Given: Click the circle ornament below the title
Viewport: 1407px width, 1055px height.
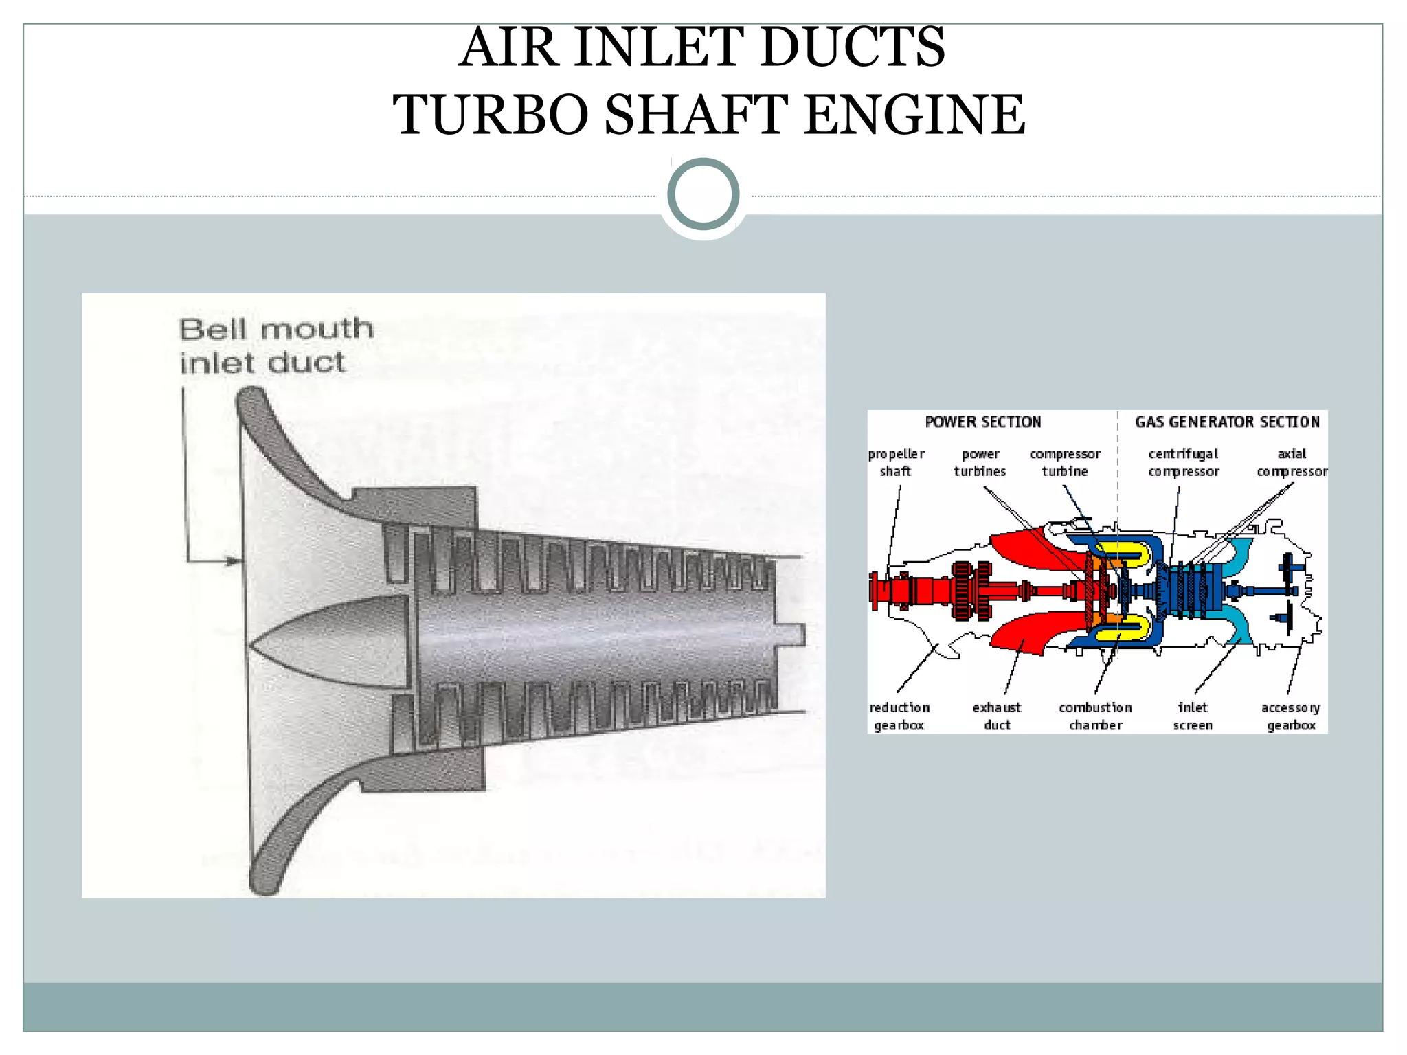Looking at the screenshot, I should click(x=703, y=194).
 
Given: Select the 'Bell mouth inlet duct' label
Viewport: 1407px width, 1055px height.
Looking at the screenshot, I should click(x=275, y=345).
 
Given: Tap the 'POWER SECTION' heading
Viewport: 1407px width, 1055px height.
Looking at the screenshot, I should click(x=982, y=422).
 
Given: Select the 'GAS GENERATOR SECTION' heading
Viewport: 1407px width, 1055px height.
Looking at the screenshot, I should click(x=1227, y=422).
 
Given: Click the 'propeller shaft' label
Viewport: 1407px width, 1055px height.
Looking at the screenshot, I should click(x=896, y=462).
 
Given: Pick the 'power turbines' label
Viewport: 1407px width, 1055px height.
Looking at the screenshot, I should click(x=980, y=462).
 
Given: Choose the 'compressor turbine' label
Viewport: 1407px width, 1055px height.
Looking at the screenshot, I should click(x=1065, y=462).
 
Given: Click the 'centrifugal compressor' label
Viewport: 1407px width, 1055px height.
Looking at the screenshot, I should click(x=1183, y=462).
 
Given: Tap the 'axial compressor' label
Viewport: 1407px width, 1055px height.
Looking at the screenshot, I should click(x=1292, y=462).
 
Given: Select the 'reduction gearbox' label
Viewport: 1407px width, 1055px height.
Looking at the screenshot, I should click(x=899, y=716).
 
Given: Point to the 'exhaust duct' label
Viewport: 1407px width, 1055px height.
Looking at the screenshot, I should click(x=997, y=716).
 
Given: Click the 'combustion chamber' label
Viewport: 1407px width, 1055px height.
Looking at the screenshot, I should click(x=1095, y=716).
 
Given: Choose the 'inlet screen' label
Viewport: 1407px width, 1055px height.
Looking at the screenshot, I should click(x=1193, y=716).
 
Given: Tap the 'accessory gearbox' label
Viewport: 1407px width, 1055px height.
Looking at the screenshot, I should click(x=1291, y=716).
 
